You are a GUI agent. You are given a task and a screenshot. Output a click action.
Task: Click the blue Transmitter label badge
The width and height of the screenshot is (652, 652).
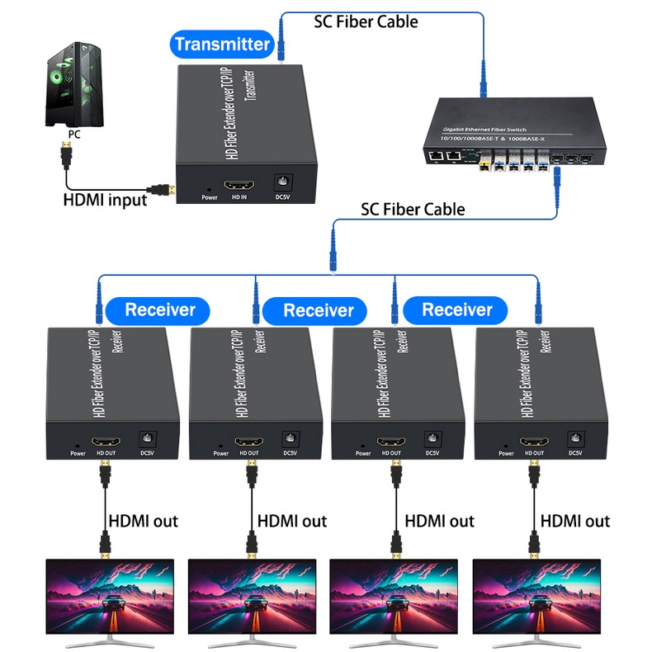pyautogui.click(x=222, y=44)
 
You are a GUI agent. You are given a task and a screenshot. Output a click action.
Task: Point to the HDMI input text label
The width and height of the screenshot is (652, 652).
pyautogui.click(x=105, y=199)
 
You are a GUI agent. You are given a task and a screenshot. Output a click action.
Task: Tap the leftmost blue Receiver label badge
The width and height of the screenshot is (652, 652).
pyautogui.click(x=160, y=310)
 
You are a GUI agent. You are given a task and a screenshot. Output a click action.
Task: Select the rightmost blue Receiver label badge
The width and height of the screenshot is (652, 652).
pyautogui.click(x=456, y=310)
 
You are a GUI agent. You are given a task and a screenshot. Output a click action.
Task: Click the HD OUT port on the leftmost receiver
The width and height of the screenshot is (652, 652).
pyautogui.click(x=106, y=442)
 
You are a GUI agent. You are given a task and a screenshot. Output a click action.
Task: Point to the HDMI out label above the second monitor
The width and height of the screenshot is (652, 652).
pyautogui.click(x=292, y=521)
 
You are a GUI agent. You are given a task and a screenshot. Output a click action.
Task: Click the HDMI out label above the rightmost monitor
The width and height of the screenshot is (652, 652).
pyautogui.click(x=575, y=521)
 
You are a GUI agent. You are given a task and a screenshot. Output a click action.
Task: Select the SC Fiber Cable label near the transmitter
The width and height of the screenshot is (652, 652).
pyautogui.click(x=366, y=21)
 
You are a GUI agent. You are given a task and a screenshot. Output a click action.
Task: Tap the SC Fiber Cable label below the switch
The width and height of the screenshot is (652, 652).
pyautogui.click(x=413, y=209)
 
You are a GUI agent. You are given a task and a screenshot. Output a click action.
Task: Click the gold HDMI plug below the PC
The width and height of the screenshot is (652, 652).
pyautogui.click(x=65, y=153)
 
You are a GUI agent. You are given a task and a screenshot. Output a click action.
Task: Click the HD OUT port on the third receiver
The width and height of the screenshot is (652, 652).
pyautogui.click(x=390, y=442)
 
